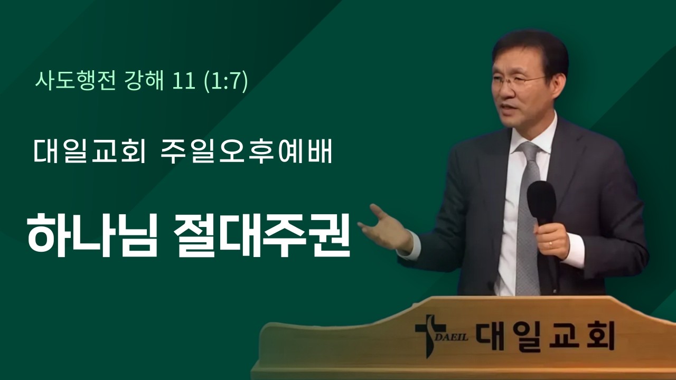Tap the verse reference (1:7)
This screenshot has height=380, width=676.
tap(226, 82)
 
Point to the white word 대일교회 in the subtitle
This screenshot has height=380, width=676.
tap(88, 151)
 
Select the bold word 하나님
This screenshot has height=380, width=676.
tap(92, 234)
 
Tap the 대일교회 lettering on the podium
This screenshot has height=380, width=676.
tap(544, 334)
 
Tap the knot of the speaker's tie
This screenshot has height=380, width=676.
tap(528, 150)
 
